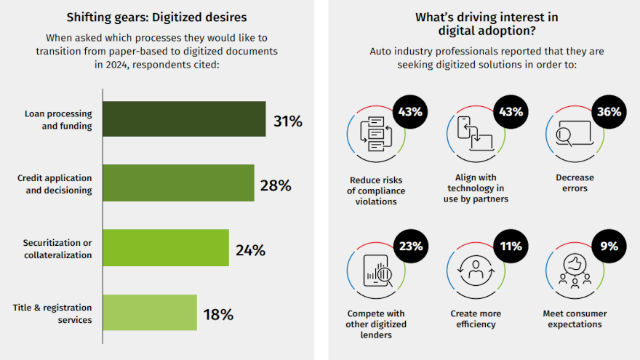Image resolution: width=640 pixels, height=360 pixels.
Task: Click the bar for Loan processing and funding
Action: (184, 119)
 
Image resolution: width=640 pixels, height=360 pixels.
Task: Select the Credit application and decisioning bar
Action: (178, 183)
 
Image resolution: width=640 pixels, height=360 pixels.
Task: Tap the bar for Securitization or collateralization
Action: (166, 248)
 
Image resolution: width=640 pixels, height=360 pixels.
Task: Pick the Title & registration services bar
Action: (150, 313)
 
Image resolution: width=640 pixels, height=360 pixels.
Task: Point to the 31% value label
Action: (288, 121)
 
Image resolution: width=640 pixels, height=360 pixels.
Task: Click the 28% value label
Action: (276, 185)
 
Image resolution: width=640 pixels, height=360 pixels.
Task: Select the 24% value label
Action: (250, 250)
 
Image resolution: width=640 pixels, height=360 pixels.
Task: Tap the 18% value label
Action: (218, 315)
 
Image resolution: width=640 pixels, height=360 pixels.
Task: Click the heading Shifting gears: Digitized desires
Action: (156, 17)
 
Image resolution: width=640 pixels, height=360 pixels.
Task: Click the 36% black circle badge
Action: (609, 112)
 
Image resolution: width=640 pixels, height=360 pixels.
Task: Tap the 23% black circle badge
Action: (410, 247)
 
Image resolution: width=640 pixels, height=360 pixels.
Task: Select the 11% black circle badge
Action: (510, 247)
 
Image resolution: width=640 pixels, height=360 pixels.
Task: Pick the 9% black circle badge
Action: (609, 247)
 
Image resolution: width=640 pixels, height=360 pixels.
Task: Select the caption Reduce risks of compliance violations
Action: (376, 191)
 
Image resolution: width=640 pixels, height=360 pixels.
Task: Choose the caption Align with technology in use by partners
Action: (476, 188)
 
